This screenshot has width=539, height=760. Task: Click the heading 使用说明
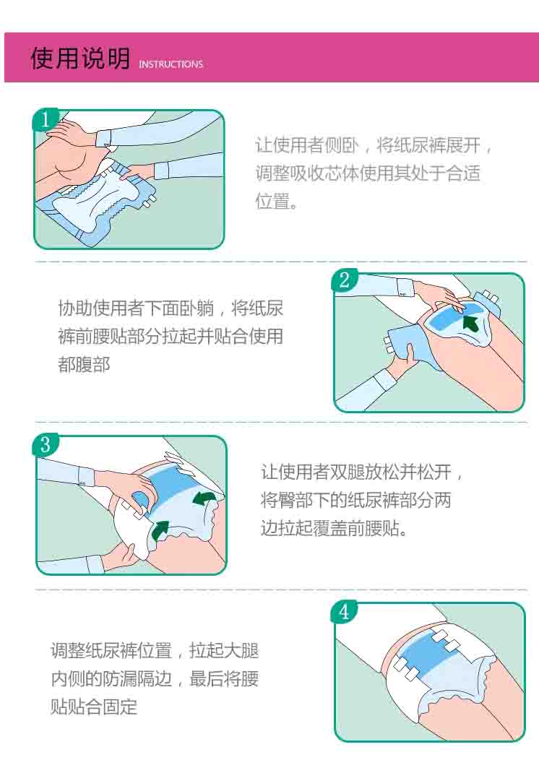tap(80, 59)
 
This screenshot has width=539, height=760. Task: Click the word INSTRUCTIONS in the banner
tap(171, 64)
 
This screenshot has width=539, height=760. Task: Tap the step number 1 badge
tap(45, 119)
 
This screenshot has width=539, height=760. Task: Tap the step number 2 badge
tap(344, 280)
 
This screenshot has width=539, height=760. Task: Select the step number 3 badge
tap(46, 444)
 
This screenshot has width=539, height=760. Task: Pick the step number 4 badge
tap(344, 612)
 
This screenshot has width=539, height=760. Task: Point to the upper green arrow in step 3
tap(204, 498)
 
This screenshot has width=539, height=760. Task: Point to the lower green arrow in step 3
tap(160, 531)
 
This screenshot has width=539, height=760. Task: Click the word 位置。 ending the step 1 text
tap(276, 201)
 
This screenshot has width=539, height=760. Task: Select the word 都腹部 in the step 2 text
tap(84, 365)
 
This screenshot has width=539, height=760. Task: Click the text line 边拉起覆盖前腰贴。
tap(335, 528)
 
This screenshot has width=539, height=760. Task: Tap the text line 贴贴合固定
tap(93, 707)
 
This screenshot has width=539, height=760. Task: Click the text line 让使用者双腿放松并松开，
tap(362, 472)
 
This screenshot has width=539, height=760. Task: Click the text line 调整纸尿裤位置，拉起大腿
tap(154, 650)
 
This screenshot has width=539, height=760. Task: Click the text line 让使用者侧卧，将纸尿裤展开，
tap(374, 145)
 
